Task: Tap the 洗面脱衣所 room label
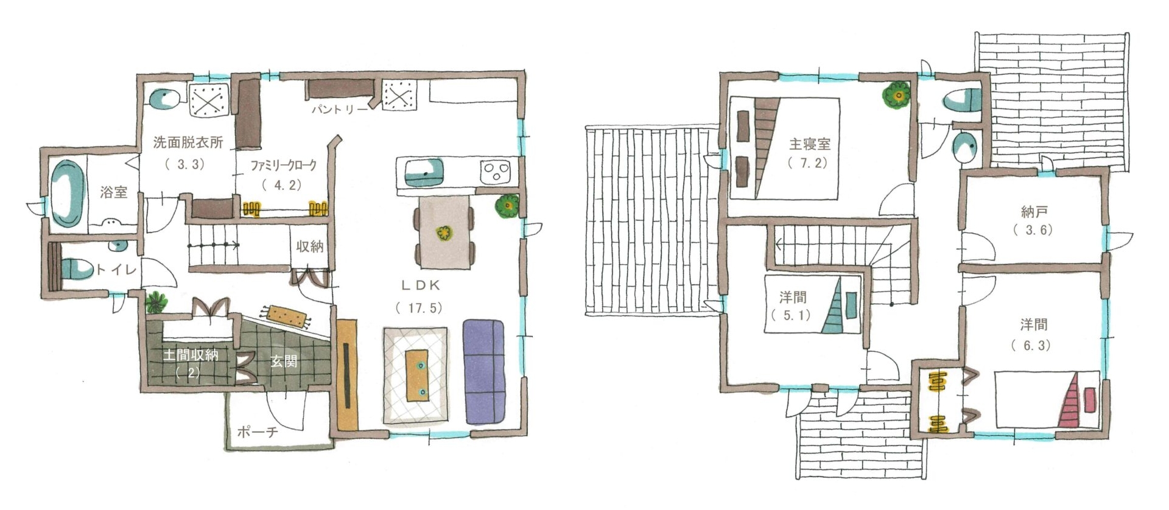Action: pyautogui.click(x=188, y=143)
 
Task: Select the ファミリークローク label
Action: pyautogui.click(x=284, y=165)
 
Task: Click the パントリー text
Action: pyautogui.click(x=340, y=110)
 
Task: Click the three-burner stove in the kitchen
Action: pyautogui.click(x=496, y=172)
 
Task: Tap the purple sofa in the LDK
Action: pyautogui.click(x=484, y=371)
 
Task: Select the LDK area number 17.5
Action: pyautogui.click(x=419, y=308)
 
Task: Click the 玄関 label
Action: pyautogui.click(x=283, y=361)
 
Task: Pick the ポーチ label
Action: pyautogui.click(x=257, y=432)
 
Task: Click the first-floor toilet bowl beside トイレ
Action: pyautogui.click(x=76, y=268)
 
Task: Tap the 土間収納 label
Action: pyautogui.click(x=190, y=355)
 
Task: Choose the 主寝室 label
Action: pyautogui.click(x=810, y=144)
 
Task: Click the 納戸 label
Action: pyautogui.click(x=1033, y=212)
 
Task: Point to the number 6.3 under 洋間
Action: pyautogui.click(x=1033, y=346)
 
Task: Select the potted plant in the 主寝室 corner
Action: pyautogui.click(x=896, y=95)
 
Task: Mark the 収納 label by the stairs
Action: pyautogui.click(x=309, y=246)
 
